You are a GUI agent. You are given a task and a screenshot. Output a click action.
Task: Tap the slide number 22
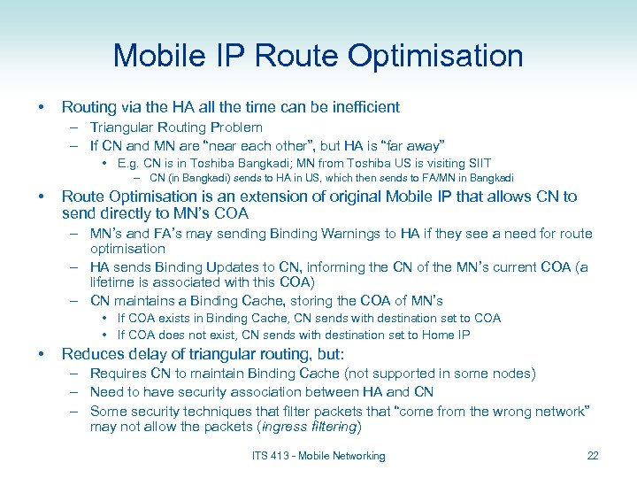(x=592, y=456)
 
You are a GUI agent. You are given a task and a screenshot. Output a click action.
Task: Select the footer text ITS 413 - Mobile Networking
(x=318, y=456)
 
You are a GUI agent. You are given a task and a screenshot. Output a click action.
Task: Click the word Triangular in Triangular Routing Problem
(x=123, y=127)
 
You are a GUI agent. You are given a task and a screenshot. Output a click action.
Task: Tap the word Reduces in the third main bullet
(x=90, y=354)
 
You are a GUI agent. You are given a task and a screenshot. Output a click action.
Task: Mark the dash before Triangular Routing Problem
(x=78, y=127)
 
